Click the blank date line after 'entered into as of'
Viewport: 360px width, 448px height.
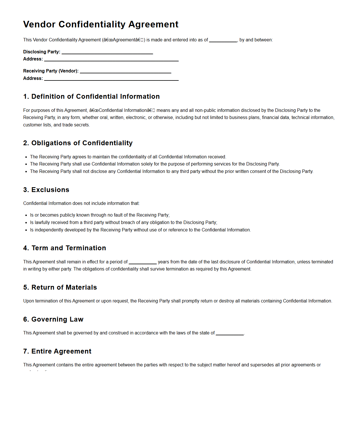click(x=223, y=40)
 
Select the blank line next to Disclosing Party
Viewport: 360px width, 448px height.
click(x=107, y=52)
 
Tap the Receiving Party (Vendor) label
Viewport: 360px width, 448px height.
click(x=51, y=71)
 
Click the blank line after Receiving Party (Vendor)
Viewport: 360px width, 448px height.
click(x=125, y=71)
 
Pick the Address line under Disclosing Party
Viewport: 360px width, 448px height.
click(x=111, y=59)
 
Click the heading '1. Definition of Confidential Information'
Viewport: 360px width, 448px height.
click(x=91, y=96)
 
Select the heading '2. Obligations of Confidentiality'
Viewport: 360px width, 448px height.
click(x=78, y=143)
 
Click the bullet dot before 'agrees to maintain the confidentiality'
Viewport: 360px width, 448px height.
click(x=26, y=157)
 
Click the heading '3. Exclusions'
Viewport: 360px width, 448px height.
click(x=46, y=190)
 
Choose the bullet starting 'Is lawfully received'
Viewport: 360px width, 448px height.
click(x=123, y=222)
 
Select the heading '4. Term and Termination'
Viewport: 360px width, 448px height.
click(x=64, y=248)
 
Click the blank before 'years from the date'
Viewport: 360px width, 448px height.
click(x=143, y=262)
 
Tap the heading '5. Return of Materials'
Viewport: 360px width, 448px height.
click(x=60, y=287)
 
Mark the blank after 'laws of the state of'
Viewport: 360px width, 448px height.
click(x=230, y=333)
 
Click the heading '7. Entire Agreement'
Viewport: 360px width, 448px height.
click(x=57, y=351)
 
